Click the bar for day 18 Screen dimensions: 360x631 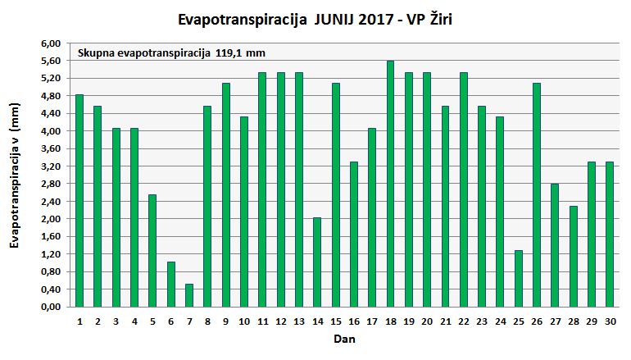390,184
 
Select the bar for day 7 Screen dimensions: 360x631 189,295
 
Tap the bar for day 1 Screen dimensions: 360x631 79,200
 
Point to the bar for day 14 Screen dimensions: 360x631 317,262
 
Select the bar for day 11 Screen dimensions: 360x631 262,189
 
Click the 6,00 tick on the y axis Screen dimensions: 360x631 52,43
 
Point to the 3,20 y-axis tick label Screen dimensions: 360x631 52,166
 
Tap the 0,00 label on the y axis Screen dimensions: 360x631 52,307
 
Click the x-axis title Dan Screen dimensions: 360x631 343,338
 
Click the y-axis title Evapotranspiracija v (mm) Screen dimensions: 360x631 14,180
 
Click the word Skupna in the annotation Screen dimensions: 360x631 95,53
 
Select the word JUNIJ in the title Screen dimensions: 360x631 338,17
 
